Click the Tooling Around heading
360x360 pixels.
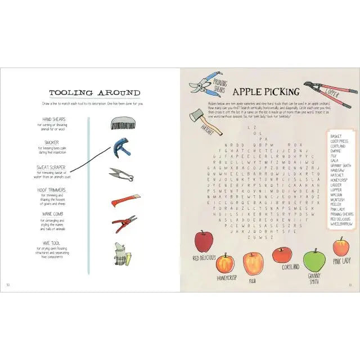(x=94, y=92)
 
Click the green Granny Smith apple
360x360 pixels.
(x=314, y=260)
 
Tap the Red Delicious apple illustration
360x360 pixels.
(x=203, y=241)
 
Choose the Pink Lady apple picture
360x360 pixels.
(x=341, y=246)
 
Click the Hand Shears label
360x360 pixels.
(x=55, y=120)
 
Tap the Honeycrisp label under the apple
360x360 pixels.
(x=224, y=278)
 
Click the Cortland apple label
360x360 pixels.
(x=290, y=267)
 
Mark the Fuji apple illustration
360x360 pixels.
(x=253, y=263)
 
